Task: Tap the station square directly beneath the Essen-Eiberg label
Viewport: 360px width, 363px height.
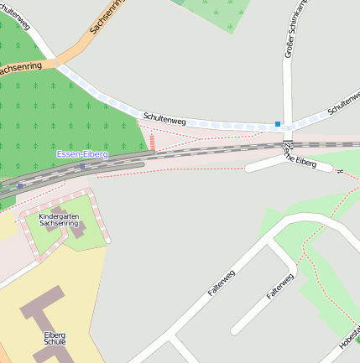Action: (82, 166)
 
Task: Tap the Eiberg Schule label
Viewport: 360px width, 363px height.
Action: (55, 339)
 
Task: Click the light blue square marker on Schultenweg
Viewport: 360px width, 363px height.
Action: (278, 124)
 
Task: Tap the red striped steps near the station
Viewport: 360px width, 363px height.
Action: (152, 142)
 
